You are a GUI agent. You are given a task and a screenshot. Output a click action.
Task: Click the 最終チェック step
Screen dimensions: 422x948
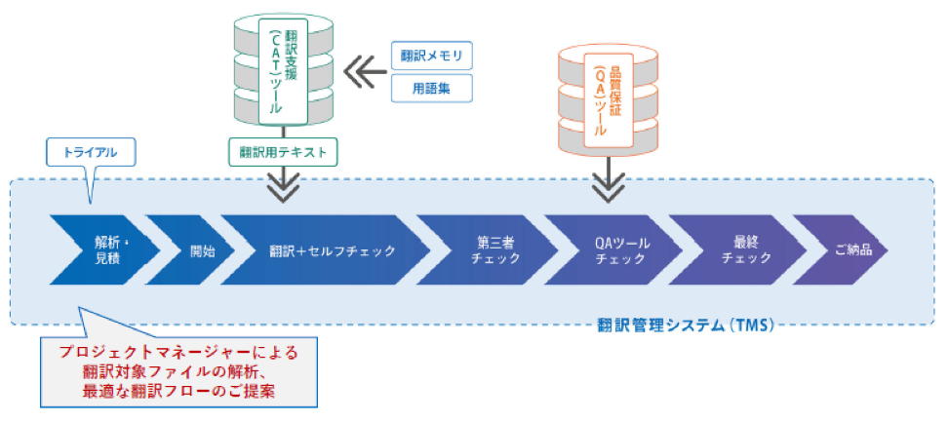tap(745, 250)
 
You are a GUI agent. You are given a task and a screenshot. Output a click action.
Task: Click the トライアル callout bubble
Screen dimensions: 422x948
tap(91, 154)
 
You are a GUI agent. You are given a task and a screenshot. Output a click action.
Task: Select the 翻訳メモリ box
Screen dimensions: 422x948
tap(431, 56)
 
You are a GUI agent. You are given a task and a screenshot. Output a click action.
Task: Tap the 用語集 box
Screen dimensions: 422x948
tap(431, 89)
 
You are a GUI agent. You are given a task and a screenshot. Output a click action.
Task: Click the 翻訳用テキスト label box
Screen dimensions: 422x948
tap(283, 153)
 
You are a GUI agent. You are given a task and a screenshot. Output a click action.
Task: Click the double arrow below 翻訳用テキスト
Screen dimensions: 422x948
tap(283, 185)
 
